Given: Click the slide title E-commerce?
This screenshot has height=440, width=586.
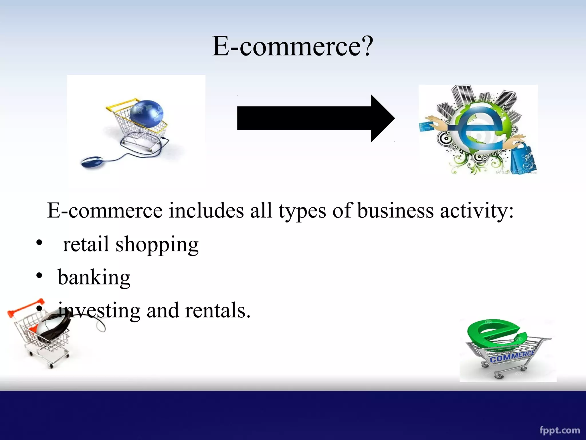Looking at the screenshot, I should (x=292, y=46).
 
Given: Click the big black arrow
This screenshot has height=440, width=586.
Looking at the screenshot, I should (x=315, y=118).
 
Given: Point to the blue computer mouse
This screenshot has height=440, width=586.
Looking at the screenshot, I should (x=92, y=162).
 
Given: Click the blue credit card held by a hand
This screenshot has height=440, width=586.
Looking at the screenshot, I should (x=427, y=127).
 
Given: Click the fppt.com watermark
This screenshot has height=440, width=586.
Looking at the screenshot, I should (x=559, y=430).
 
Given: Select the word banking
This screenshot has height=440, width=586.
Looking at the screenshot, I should (x=94, y=277).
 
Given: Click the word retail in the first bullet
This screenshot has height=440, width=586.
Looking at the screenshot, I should (x=86, y=244).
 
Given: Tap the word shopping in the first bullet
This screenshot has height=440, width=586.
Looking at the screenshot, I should (x=157, y=245).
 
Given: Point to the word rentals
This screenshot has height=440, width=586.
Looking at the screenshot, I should (x=217, y=310).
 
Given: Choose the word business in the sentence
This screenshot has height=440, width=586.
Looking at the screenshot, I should (x=395, y=211).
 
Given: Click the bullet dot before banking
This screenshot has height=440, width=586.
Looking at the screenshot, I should (x=39, y=276).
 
